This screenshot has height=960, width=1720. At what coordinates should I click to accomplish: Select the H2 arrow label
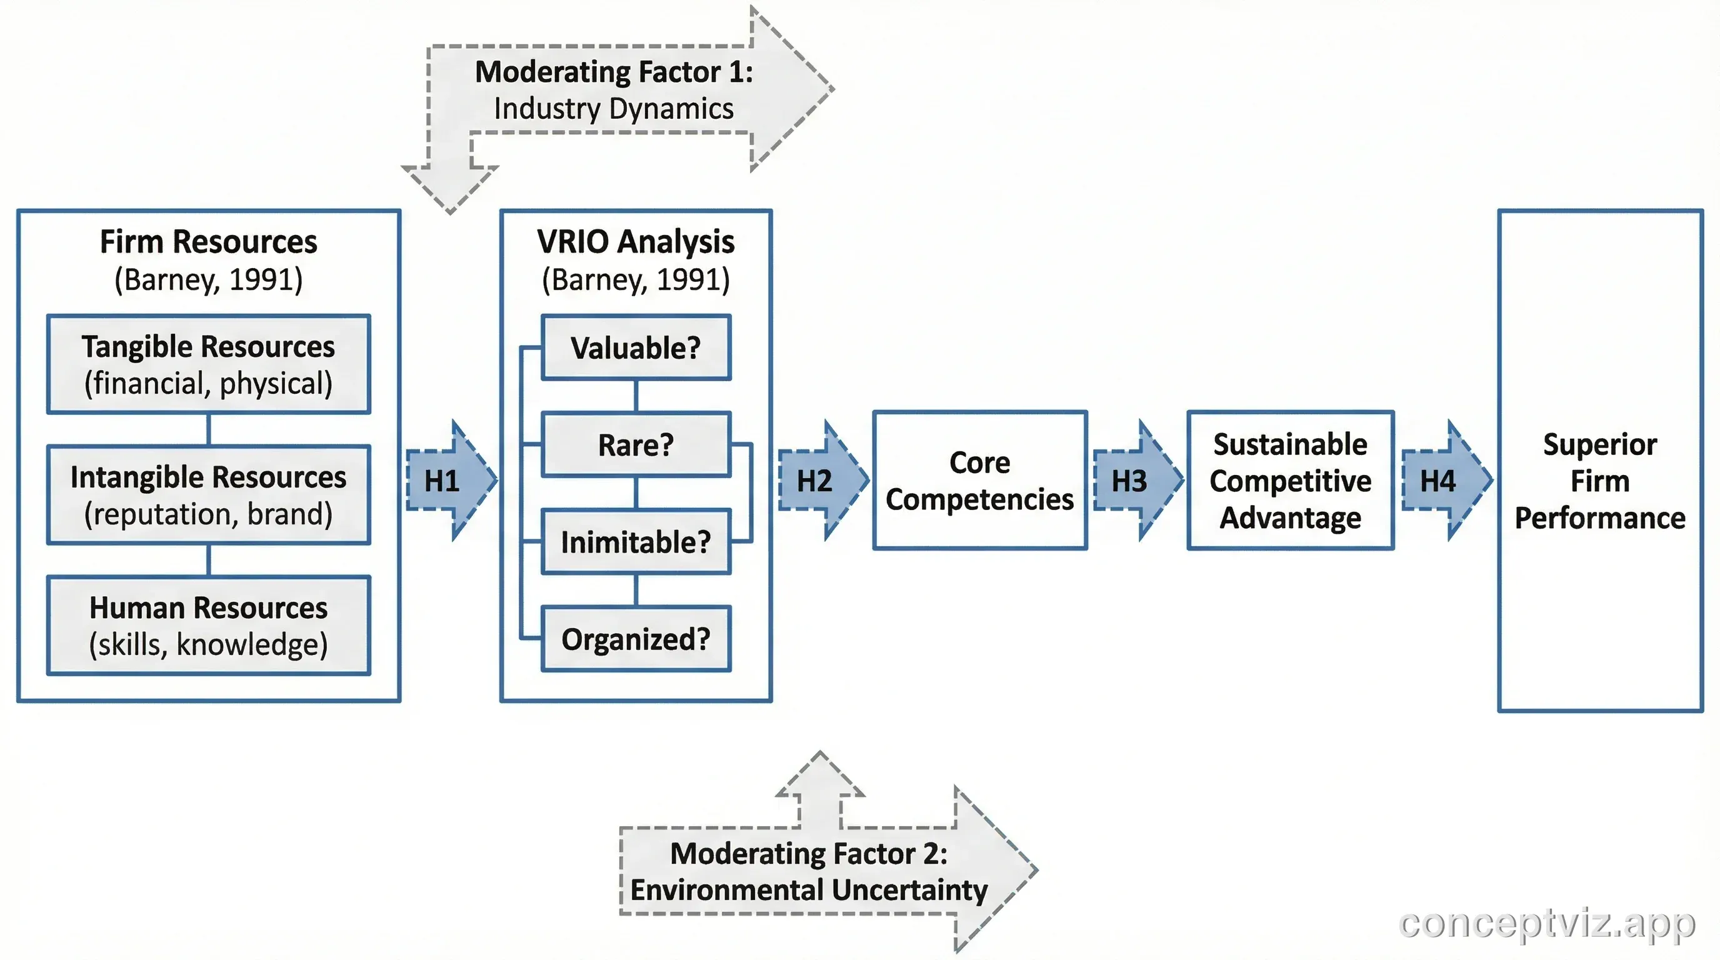coord(814,481)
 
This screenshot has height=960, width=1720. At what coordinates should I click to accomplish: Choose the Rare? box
coord(636,444)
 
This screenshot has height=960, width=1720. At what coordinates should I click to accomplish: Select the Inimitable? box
coord(636,541)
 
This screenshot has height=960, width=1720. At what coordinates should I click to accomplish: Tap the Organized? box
coord(636,639)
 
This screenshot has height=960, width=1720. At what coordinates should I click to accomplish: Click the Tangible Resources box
coord(208,364)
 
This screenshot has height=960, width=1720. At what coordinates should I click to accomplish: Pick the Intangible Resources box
coord(208,494)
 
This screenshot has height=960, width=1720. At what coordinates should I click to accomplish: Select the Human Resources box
coord(208,626)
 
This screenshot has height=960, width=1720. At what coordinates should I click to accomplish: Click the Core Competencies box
coord(979,481)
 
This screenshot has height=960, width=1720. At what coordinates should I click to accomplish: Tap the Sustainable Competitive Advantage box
coord(1290,481)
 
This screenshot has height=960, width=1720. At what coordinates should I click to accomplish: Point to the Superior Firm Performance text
coord(1600,481)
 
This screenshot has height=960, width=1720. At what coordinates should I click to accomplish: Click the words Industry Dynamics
coord(614,109)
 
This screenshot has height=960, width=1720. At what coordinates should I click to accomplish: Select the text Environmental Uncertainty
coord(809,890)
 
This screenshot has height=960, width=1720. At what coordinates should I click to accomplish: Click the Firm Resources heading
coord(208,242)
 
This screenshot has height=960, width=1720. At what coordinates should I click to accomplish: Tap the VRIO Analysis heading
coord(636,242)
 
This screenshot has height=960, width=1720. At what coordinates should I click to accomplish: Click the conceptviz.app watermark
coord(1546,923)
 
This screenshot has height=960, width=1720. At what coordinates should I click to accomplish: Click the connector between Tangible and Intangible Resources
coord(208,429)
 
